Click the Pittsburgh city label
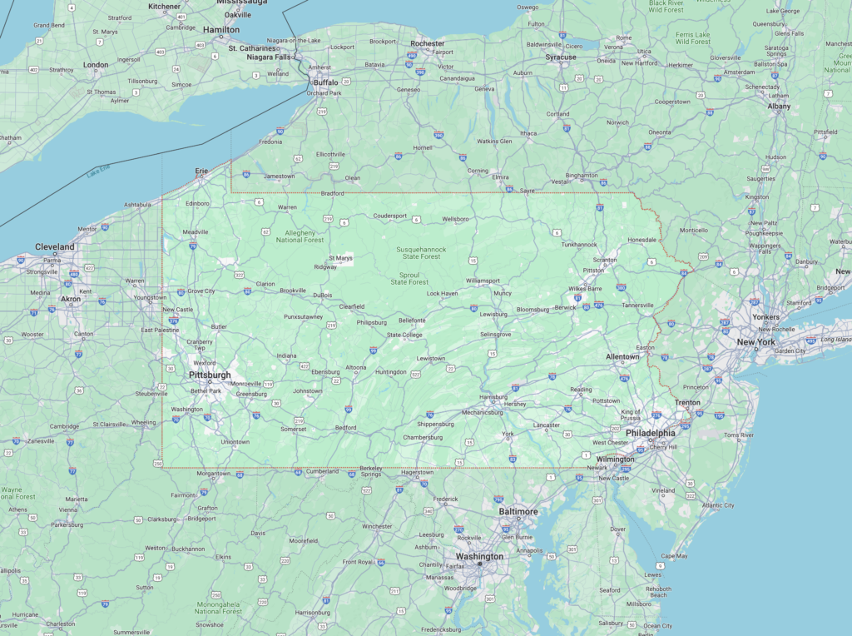210,375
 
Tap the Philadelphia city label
650,433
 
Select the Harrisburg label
493,397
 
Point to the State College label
404,335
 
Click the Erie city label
201,171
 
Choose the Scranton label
605,260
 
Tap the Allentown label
622,356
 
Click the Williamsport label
483,281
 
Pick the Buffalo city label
325,83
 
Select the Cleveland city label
55,247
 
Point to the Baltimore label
518,511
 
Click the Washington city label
479,556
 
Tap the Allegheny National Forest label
300,236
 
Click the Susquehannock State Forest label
421,253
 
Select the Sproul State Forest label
409,278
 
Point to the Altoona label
356,367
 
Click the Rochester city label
428,43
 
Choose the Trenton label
687,403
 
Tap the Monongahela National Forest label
218,608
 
